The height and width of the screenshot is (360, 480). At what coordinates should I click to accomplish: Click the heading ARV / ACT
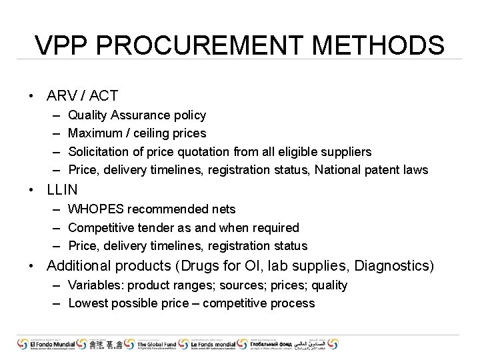(82, 96)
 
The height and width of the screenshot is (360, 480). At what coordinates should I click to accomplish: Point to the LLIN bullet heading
(62, 190)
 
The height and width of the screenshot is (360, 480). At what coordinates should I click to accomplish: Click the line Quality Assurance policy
(137, 115)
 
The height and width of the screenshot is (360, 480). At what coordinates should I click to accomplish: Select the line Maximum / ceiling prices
(137, 133)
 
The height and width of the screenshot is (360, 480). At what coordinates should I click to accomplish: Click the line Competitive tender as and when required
(183, 228)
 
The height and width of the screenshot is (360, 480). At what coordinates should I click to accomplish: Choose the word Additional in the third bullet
(78, 266)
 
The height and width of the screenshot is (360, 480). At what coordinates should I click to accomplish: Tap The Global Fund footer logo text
(155, 343)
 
